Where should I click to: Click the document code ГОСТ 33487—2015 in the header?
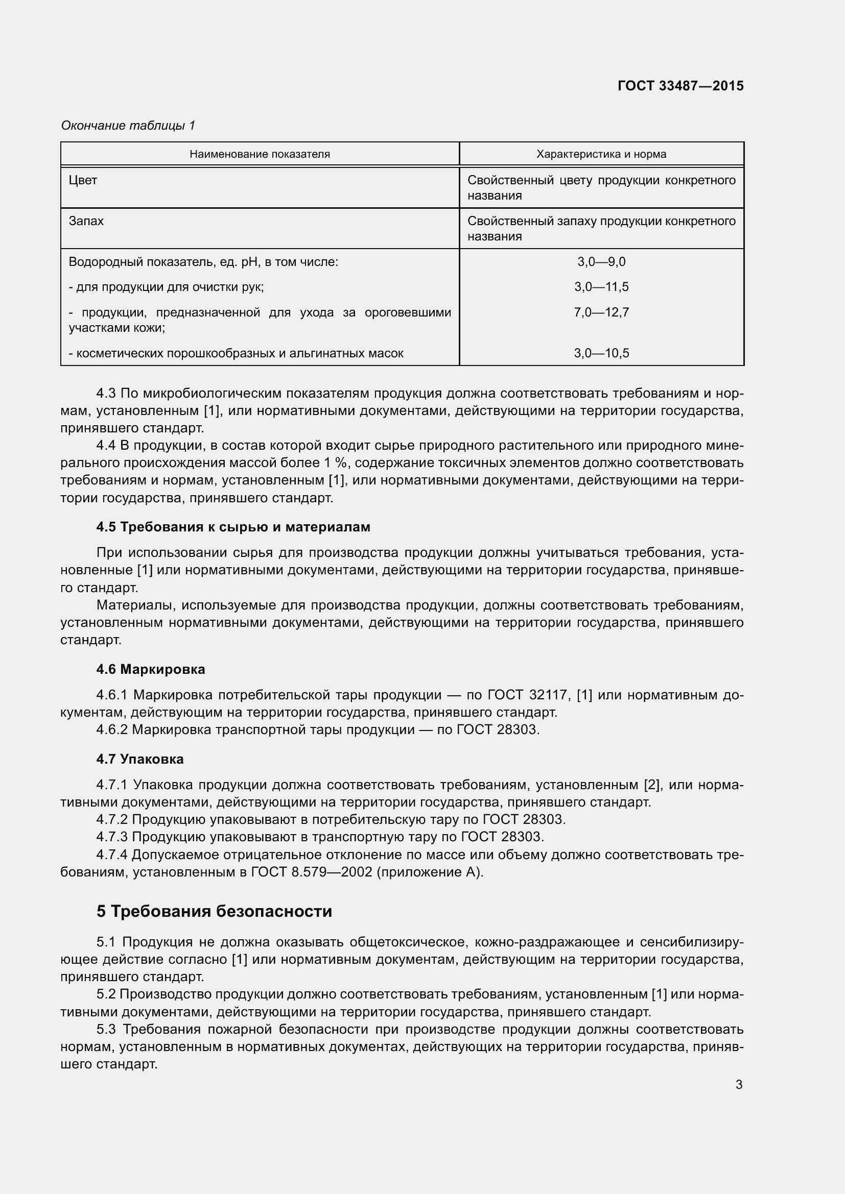click(680, 86)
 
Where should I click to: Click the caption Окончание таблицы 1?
click(128, 126)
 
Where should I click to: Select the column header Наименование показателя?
click(260, 154)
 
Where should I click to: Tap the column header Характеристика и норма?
click(601, 154)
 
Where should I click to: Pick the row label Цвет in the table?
click(83, 180)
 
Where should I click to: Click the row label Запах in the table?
click(86, 221)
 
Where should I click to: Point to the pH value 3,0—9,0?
click(601, 261)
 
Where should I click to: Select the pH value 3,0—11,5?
click(601, 287)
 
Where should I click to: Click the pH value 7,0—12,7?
click(601, 312)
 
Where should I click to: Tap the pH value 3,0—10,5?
click(601, 353)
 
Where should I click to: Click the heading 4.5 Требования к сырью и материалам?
click(233, 527)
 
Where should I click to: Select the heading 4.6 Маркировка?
click(150, 669)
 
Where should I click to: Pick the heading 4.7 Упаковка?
click(140, 759)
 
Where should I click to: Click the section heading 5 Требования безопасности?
click(214, 912)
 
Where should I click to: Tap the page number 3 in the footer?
click(739, 1085)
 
